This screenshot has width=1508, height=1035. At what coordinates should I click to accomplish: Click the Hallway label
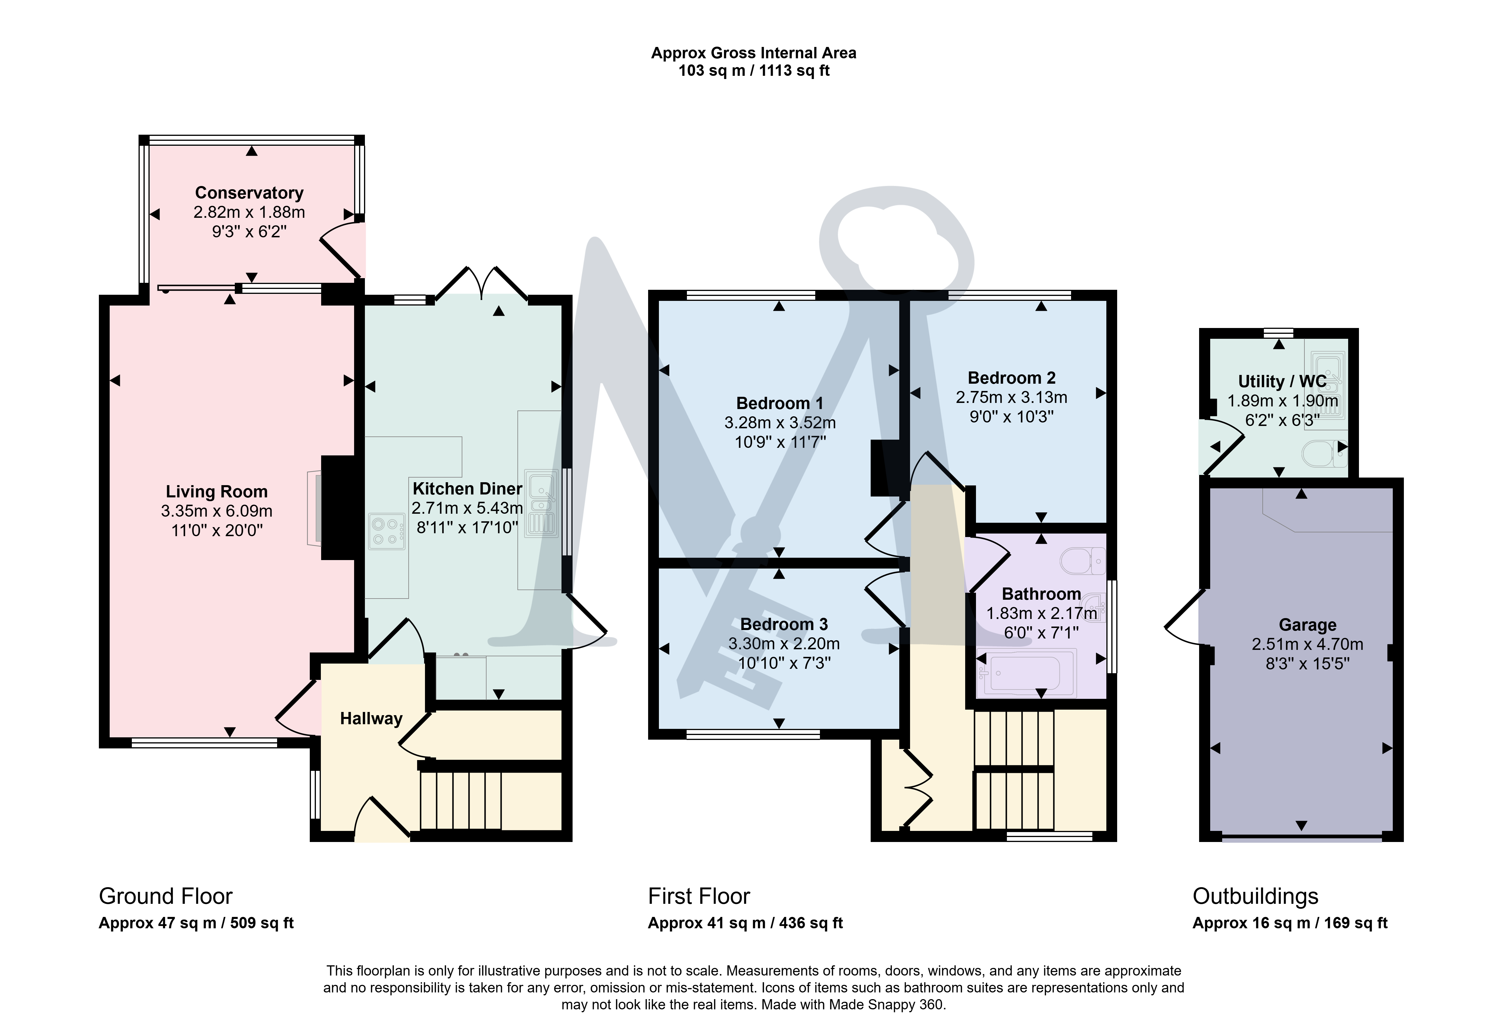(x=371, y=719)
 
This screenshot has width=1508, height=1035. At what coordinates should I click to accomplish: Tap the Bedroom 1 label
(x=779, y=404)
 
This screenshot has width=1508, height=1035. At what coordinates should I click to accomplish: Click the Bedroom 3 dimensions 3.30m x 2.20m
(x=784, y=644)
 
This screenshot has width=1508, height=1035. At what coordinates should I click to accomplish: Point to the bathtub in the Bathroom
(x=1026, y=673)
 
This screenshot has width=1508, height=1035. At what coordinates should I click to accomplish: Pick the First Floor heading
(x=699, y=896)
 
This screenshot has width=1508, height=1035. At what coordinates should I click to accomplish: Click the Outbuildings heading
(x=1256, y=896)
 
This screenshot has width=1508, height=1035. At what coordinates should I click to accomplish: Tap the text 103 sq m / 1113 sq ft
(x=754, y=71)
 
